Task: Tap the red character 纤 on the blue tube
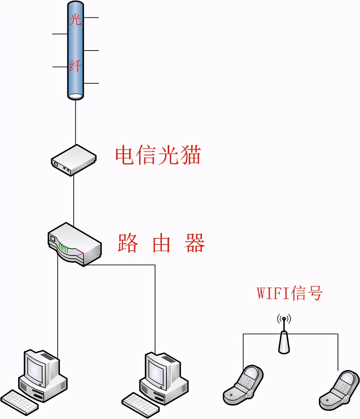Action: pos(75,65)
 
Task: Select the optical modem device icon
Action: pos(73,160)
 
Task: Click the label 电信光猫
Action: pos(158,155)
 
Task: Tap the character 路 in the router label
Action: pos(127,243)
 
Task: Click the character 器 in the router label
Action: pos(194,243)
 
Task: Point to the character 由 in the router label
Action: pos(161,243)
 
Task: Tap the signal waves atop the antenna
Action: pos(284,319)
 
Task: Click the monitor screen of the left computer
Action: pos(36,368)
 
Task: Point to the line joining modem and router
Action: pos(74,199)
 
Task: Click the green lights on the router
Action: pos(64,248)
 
